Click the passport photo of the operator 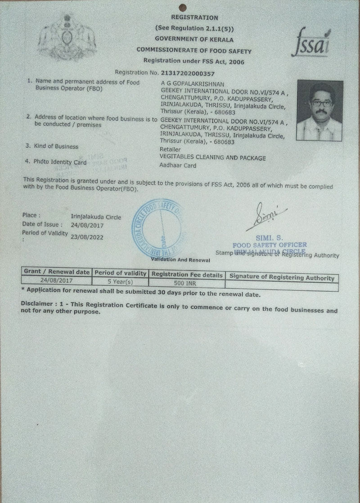(x=319, y=110)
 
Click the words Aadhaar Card (x=178, y=166)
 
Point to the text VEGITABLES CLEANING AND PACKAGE (x=213, y=158)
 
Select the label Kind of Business (x=57, y=146)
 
